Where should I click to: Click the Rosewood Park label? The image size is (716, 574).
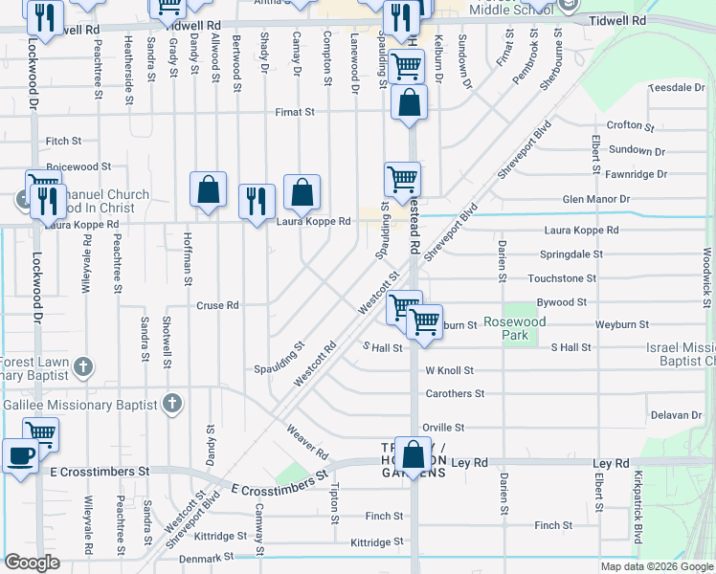514,329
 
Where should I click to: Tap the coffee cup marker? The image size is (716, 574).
20,455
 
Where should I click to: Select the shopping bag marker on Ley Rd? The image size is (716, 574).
414,456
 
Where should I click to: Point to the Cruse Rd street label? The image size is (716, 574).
217,306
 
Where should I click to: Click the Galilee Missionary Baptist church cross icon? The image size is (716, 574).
171,404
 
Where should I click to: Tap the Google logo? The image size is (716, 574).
32,563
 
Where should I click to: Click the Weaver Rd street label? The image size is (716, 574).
306,440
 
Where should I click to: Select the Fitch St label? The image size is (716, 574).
63,141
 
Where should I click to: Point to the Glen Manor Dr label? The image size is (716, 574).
596,199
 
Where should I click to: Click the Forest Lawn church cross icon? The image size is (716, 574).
83,366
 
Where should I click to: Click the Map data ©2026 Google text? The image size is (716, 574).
656,565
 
